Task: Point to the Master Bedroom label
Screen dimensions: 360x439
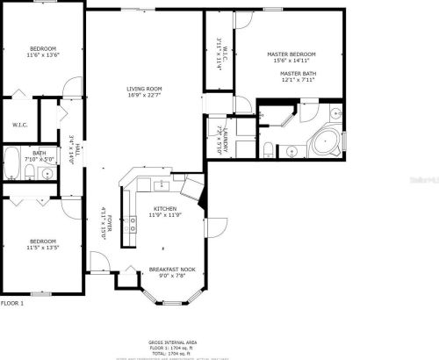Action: click(291, 54)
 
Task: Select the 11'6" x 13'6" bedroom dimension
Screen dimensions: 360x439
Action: click(43, 54)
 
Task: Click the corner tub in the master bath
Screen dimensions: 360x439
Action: click(326, 141)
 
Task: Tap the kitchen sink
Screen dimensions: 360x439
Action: click(161, 186)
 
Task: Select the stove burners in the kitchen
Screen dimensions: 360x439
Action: click(132, 224)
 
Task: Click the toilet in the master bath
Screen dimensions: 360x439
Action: click(267, 150)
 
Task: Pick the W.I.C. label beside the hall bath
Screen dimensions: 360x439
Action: click(20, 124)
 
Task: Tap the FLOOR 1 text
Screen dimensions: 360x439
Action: click(12, 303)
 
